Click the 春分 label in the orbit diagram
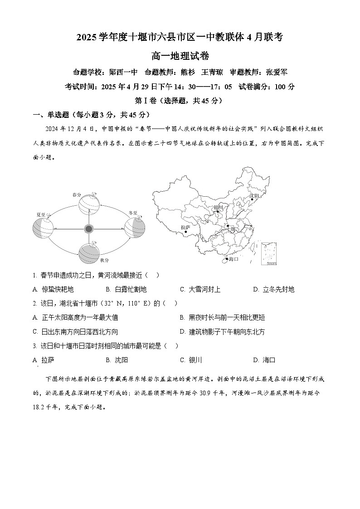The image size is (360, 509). coord(77,195)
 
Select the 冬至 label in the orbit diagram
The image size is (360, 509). coord(133,212)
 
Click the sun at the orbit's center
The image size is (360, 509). coord(89,229)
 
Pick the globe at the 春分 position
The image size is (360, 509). coord(89,204)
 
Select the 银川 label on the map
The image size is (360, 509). coord(219,207)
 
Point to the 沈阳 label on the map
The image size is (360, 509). coord(254,195)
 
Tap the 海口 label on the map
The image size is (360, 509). coord(234,259)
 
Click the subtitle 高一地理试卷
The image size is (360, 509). coord(180,56)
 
